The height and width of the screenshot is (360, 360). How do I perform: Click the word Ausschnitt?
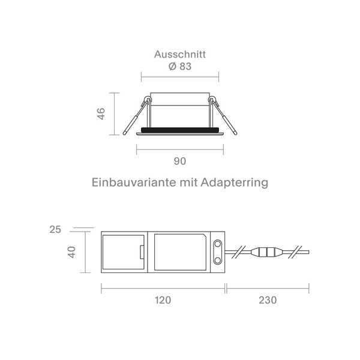pos(180,55)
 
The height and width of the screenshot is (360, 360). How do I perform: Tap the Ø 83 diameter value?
pos(180,67)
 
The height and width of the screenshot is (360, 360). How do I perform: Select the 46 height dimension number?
pos(101,113)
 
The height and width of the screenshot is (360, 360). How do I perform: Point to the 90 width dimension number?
pos(180,161)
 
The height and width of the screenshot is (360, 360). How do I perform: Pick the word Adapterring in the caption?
pos(235,183)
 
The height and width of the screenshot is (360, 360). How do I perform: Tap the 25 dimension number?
pos(55,230)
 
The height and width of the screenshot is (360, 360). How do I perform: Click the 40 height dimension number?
pos(72,252)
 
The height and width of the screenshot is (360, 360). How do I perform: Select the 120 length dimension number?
pos(163,301)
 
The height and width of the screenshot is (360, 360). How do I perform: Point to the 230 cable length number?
pos(268,301)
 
